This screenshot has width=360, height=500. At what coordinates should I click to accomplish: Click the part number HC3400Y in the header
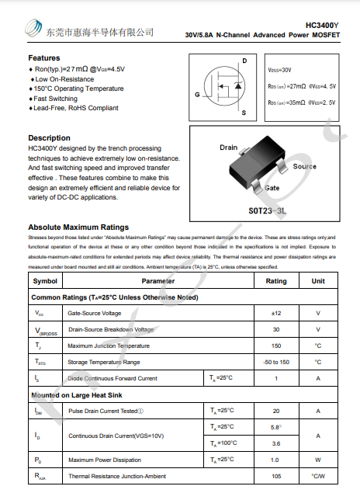(322, 25)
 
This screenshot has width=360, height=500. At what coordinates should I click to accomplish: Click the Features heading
(44, 58)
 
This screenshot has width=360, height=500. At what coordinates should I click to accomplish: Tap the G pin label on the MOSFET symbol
(198, 94)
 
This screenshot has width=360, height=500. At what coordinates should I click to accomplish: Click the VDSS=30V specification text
(280, 70)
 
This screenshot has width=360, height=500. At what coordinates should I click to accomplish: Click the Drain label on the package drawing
(228, 148)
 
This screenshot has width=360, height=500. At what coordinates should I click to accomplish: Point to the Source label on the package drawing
(304, 166)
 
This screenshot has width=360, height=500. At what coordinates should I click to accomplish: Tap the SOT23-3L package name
(268, 210)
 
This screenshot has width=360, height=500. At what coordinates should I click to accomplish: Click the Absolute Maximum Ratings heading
(78, 227)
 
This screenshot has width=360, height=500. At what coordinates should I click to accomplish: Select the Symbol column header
(45, 281)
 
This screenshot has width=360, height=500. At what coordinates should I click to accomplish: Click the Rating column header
(276, 281)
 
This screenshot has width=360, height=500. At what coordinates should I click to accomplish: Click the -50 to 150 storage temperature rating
(276, 362)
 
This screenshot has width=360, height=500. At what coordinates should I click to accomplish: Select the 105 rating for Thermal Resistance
(276, 475)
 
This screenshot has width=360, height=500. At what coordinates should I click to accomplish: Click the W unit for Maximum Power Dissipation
(318, 460)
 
